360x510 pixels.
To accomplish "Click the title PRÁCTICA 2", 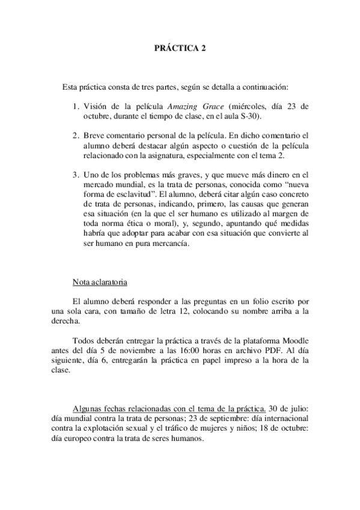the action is coord(180,51).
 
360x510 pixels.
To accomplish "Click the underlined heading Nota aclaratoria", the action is coord(99,281).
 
